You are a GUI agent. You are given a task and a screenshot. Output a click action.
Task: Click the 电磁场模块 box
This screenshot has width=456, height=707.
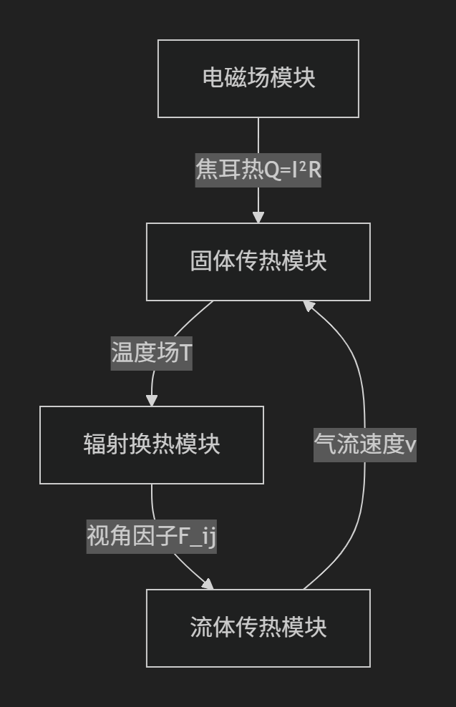(x=258, y=78)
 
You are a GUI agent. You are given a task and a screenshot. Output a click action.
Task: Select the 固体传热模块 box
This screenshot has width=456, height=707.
(x=258, y=261)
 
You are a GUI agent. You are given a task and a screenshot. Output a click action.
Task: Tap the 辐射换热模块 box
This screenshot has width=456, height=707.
(x=152, y=444)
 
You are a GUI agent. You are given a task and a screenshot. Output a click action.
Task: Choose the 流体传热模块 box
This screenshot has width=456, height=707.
(x=258, y=628)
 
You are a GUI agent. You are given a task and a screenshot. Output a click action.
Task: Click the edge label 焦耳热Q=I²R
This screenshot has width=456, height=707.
(x=258, y=170)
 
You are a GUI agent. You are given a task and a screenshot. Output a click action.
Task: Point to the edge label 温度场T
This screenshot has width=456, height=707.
(x=152, y=353)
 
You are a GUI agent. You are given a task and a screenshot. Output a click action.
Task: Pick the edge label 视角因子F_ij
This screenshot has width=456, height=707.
(x=152, y=536)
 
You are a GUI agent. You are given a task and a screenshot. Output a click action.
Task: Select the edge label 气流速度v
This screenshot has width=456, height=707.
(x=365, y=444)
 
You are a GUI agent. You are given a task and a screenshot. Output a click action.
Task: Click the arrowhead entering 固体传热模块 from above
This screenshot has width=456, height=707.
(x=258, y=217)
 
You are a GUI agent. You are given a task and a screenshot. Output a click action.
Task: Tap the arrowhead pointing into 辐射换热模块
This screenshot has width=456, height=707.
(x=152, y=400)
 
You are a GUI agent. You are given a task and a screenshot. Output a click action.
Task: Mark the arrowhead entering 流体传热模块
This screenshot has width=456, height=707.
(x=208, y=584)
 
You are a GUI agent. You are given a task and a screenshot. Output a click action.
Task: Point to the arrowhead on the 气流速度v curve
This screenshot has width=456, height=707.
(x=309, y=306)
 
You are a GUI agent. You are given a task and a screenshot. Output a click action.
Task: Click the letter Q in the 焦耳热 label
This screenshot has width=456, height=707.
(x=273, y=170)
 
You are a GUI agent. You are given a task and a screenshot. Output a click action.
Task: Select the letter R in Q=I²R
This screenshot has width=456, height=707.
(x=314, y=170)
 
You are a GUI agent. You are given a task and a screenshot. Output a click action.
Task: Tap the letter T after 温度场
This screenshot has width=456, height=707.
(x=185, y=353)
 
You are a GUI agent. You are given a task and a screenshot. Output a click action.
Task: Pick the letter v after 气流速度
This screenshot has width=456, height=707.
(x=411, y=445)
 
